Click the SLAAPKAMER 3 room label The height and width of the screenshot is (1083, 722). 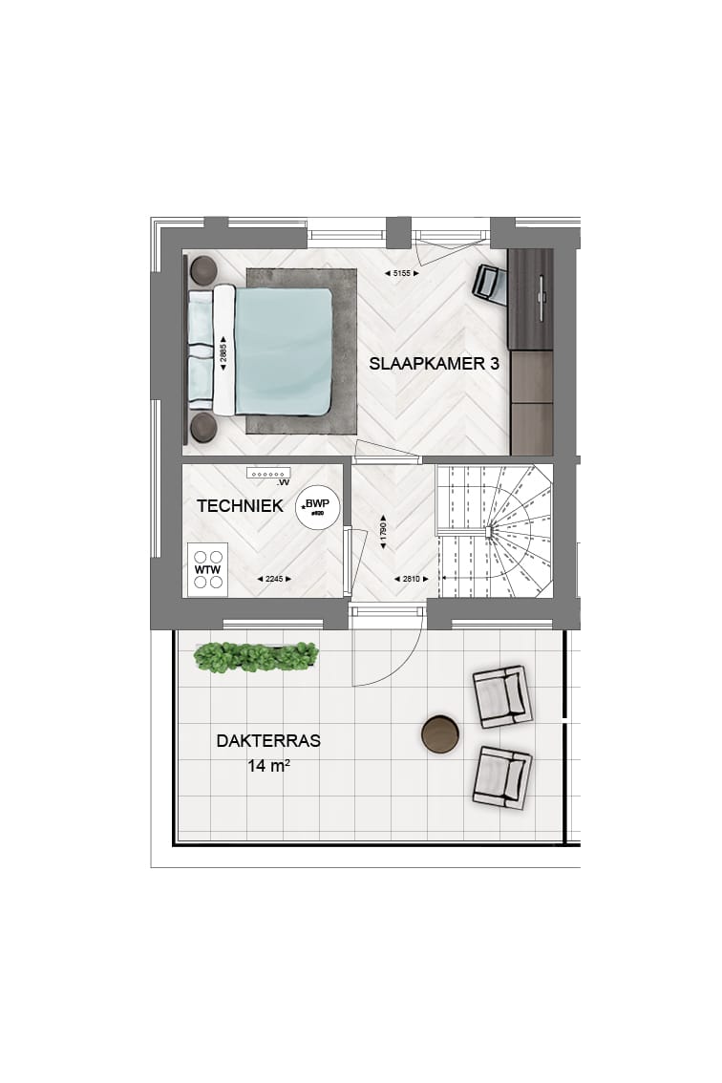tap(435, 364)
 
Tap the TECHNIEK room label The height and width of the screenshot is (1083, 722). tap(240, 506)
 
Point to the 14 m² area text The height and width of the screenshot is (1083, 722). tap(268, 765)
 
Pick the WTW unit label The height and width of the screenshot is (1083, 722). tap(207, 570)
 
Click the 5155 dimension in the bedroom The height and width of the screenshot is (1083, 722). tap(401, 274)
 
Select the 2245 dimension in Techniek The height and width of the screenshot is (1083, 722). tap(275, 579)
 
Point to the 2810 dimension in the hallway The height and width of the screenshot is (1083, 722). tap(410, 579)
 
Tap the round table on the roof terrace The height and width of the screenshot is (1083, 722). tap(440, 733)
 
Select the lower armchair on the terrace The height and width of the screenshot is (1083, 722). tap(500, 775)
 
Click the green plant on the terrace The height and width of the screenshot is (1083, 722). tap(255, 656)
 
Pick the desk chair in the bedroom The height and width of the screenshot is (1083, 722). tap(490, 284)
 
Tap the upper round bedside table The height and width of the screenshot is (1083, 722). tap(203, 270)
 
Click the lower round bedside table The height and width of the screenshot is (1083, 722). tap(203, 427)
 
